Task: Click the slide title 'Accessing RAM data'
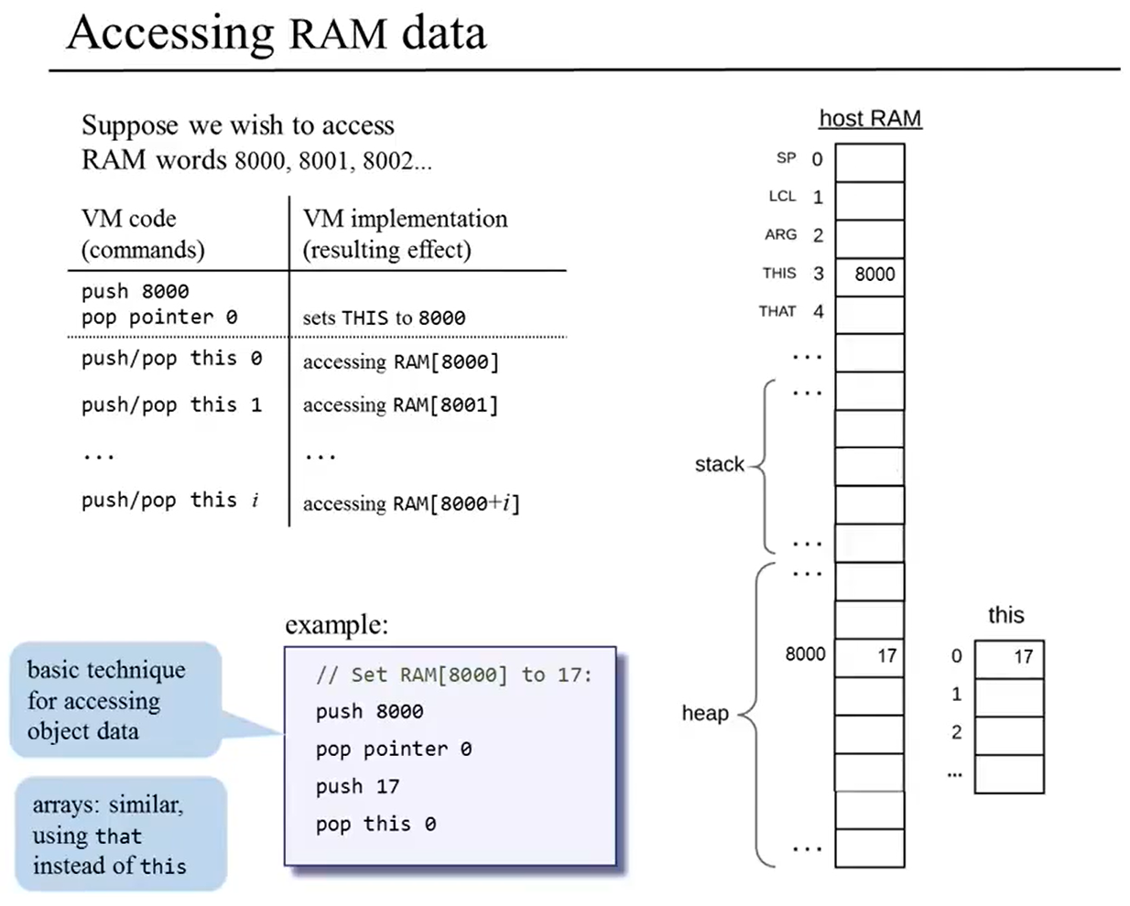[277, 33]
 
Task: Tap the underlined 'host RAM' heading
[870, 119]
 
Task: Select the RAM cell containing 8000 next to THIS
[870, 275]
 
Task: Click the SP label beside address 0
[786, 158]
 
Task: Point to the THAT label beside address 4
[777, 311]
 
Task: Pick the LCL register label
[782, 197]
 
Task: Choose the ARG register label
[780, 235]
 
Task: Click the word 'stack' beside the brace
[720, 465]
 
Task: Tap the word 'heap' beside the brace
[705, 714]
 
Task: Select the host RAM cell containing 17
[870, 656]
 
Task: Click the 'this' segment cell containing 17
[1009, 657]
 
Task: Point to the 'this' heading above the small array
[1005, 615]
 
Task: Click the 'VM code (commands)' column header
[143, 234]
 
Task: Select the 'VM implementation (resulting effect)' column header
[405, 234]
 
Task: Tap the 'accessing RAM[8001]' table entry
[400, 405]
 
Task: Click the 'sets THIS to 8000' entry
[384, 318]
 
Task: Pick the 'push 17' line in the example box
[357, 787]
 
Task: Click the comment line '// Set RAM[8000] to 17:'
[453, 675]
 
